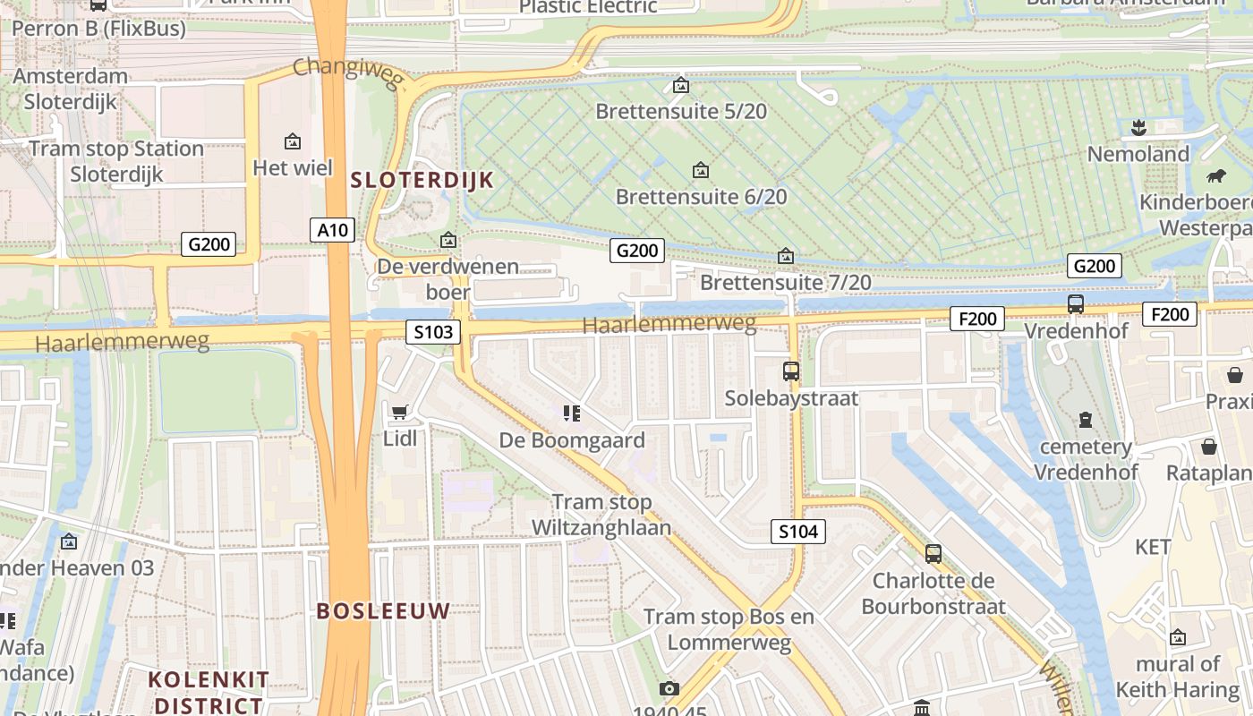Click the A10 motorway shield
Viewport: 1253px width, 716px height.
pos(333,230)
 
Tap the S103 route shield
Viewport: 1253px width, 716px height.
pos(433,333)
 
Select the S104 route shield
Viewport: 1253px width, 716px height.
pos(798,532)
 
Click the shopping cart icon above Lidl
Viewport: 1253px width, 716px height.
pos(400,412)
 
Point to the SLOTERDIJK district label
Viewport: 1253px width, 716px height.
pos(422,180)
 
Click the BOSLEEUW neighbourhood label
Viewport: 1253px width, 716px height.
pos(383,611)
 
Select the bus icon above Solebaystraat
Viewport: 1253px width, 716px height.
pos(791,371)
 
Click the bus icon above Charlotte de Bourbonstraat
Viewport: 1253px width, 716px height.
pos(933,554)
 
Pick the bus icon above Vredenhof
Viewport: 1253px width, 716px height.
pos(1076,303)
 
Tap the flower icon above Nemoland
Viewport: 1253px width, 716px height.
pos(1138,127)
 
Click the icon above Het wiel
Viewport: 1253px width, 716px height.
pos(292,141)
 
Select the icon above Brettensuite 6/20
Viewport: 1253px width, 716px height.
pos(701,170)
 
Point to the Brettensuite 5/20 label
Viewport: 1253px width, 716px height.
pos(681,112)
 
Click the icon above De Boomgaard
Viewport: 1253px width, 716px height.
pos(572,413)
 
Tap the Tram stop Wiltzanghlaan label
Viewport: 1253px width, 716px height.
pos(601,515)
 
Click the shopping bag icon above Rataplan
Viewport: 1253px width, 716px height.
pos(1209,446)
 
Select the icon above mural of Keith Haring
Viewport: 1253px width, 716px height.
pos(1178,637)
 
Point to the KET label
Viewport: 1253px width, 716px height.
pos(1153,547)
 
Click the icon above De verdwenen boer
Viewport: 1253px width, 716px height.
pos(448,240)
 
